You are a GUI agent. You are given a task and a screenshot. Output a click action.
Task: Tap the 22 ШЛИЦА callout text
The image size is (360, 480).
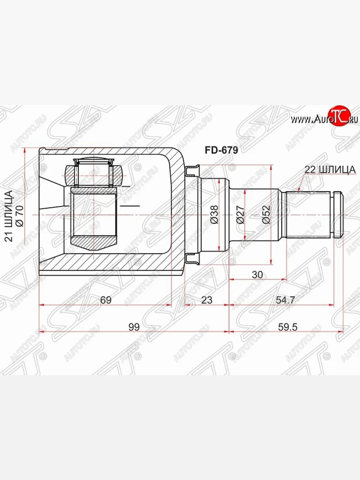[330, 170]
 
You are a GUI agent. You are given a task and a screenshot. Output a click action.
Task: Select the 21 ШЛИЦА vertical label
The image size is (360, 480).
[9, 216]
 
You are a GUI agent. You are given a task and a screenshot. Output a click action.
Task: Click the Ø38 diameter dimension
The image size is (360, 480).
[214, 214]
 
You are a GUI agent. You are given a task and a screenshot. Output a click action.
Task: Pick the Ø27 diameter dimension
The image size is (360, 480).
[240, 214]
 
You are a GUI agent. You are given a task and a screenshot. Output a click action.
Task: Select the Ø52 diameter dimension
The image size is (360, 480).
[266, 214]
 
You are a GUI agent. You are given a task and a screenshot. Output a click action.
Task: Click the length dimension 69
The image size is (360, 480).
[106, 300]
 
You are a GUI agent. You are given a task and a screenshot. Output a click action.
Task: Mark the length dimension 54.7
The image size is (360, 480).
[285, 300]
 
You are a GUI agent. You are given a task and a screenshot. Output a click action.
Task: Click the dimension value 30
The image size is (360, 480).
[258, 275]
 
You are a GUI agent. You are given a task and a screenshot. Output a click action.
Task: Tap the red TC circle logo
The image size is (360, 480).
[339, 116]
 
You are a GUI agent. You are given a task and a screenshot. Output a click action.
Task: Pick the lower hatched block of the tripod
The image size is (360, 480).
[94, 242]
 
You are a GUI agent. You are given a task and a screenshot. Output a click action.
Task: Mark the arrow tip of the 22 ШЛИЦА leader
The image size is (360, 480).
[298, 191]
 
